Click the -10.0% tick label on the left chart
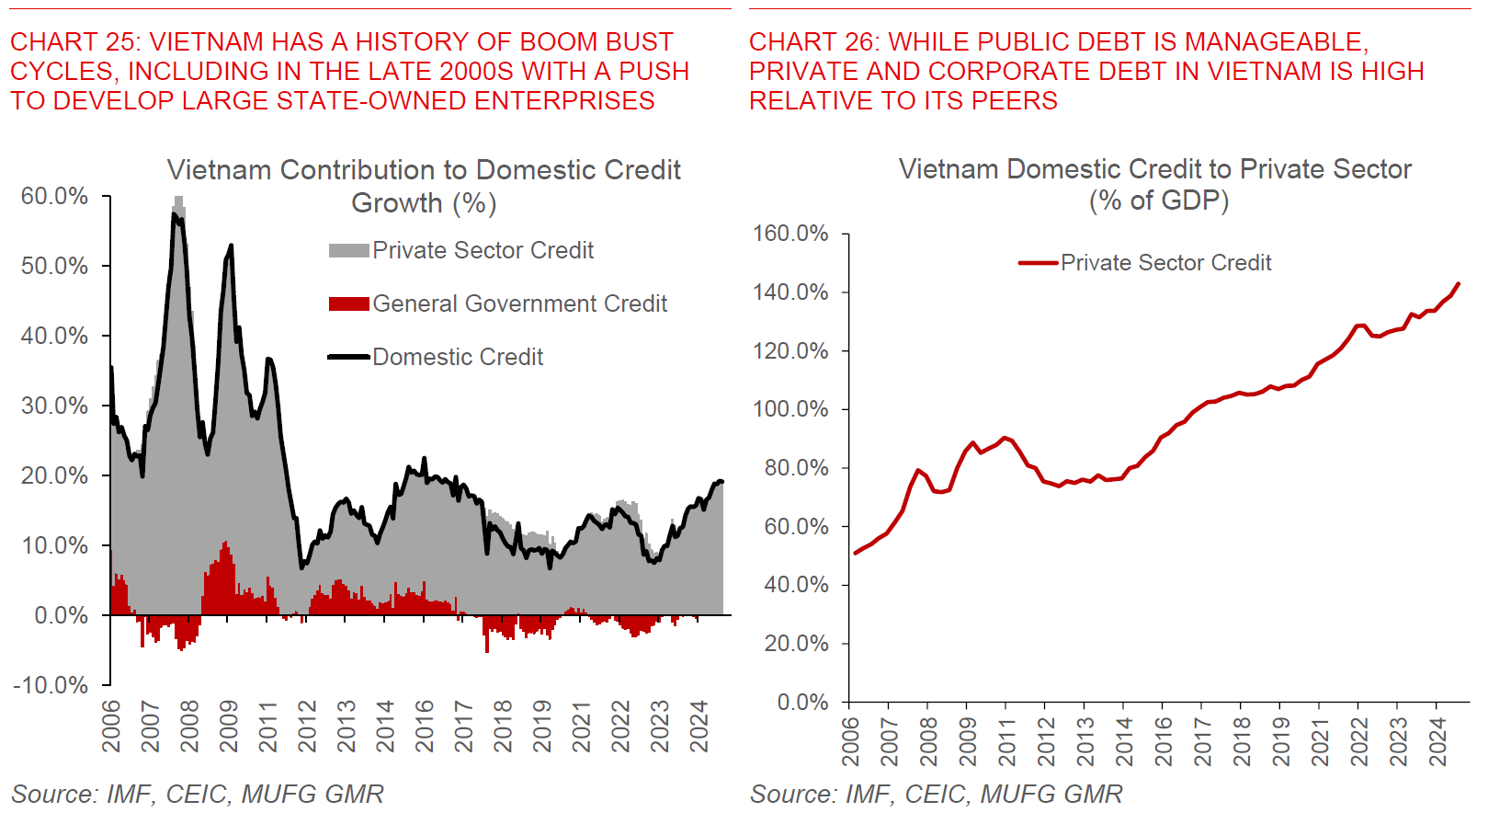click(x=51, y=685)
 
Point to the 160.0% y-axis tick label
click(x=790, y=234)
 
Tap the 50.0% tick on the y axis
click(x=55, y=267)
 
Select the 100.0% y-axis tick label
click(x=790, y=409)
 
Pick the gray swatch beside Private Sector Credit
click(x=349, y=250)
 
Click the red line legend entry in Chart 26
click(x=1144, y=263)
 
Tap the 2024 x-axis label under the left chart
click(x=700, y=727)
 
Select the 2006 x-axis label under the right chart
click(x=851, y=741)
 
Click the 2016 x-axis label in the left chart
click(x=425, y=727)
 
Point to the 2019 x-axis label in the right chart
click(x=1281, y=741)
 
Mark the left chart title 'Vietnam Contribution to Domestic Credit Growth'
click(x=424, y=186)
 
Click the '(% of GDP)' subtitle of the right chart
click(x=1158, y=200)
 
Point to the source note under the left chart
click(x=198, y=794)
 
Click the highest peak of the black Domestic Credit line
click(x=174, y=213)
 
